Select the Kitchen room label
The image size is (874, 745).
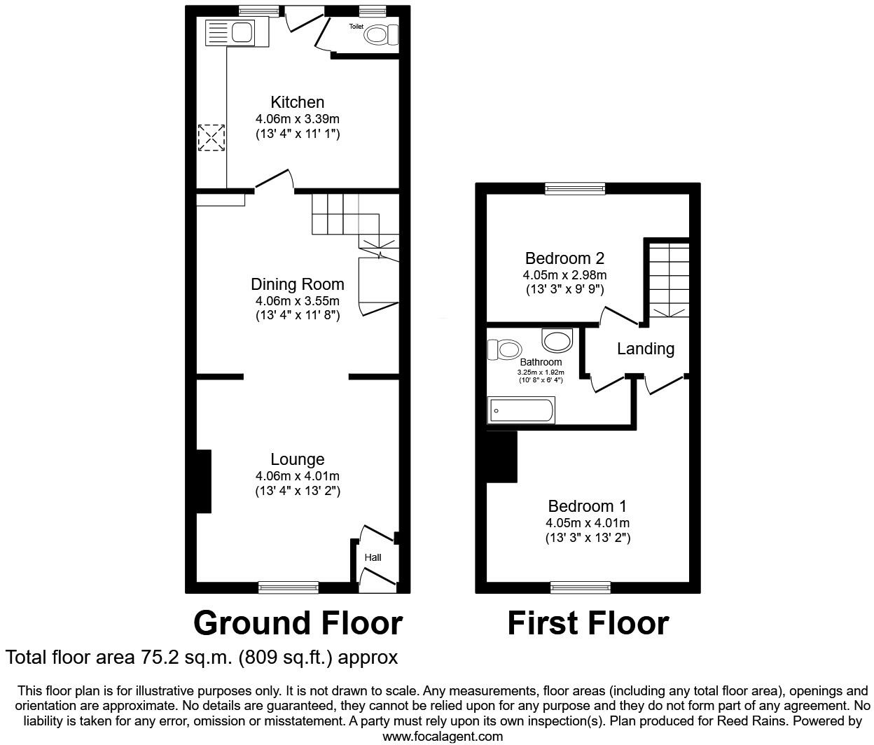(x=297, y=102)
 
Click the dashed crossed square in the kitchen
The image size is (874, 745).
(x=211, y=137)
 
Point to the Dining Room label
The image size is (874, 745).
(x=297, y=284)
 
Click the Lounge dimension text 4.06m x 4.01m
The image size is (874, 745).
(x=297, y=476)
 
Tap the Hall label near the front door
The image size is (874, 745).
(x=373, y=558)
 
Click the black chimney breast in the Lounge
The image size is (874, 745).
(x=203, y=481)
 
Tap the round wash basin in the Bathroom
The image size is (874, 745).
(x=557, y=341)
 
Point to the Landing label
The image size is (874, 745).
(x=645, y=349)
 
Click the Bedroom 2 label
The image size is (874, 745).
(x=564, y=258)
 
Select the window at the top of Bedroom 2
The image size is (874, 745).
(x=575, y=188)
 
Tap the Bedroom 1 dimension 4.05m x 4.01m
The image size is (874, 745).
(x=587, y=523)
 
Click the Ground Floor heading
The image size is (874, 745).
(x=298, y=622)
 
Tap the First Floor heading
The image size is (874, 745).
(x=588, y=622)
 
